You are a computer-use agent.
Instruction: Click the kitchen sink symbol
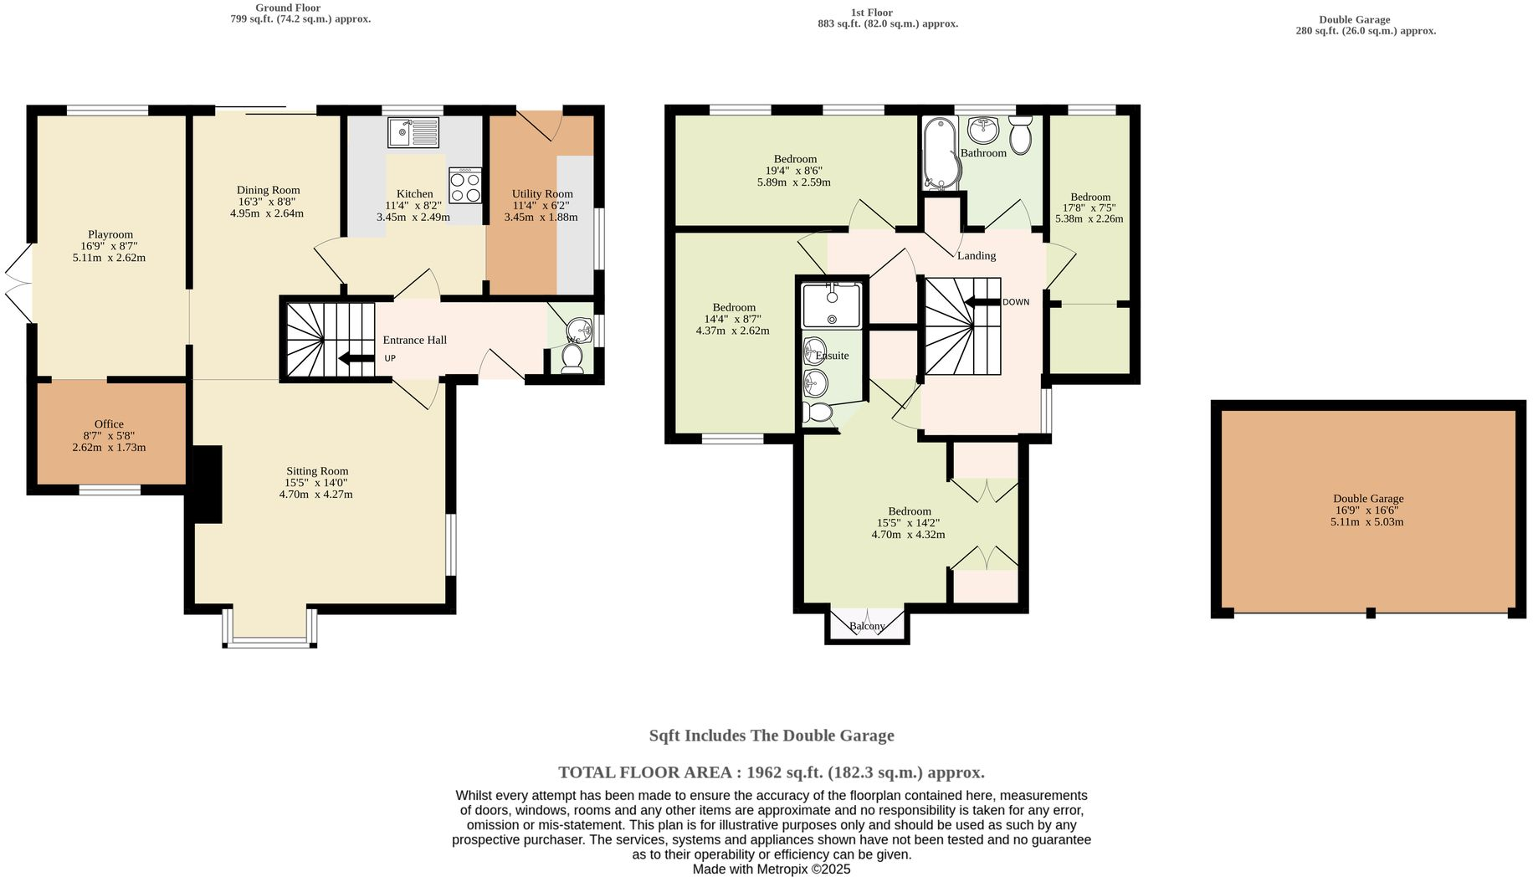coord(413,132)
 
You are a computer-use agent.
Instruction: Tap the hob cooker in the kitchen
coord(465,186)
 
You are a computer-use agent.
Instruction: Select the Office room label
coord(109,424)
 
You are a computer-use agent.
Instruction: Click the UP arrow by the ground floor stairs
coord(356,359)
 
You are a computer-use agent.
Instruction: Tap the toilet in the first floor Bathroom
coord(1020,136)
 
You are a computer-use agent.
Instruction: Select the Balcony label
coord(867,626)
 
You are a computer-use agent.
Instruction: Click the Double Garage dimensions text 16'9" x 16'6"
coord(1367,510)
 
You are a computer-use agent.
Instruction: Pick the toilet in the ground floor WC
coord(572,356)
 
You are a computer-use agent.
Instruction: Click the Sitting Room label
coord(317,471)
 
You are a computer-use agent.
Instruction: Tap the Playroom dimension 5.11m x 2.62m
coord(110,258)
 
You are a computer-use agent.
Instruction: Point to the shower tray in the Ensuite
coord(830,305)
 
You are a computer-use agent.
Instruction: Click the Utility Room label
coord(542,194)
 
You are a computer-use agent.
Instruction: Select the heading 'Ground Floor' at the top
coord(288,8)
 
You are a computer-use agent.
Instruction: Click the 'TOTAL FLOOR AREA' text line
coord(771,772)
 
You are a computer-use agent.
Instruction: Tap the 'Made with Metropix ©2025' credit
coord(771,869)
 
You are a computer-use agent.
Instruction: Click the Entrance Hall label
coord(415,340)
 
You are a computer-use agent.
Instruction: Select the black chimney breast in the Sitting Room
coord(208,484)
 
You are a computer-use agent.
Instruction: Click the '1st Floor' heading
coord(872,13)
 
